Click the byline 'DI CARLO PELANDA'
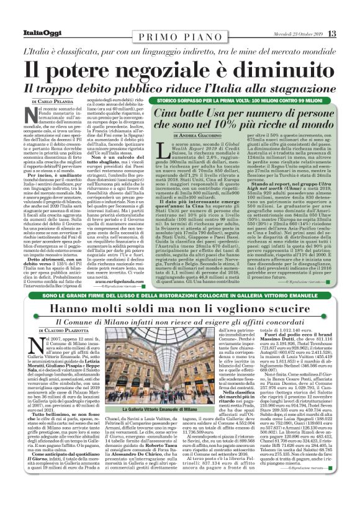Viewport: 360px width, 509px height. pyautogui.click(x=55, y=101)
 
